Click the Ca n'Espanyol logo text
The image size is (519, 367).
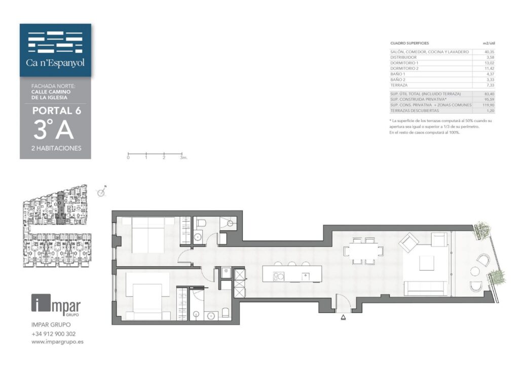click(x=55, y=62)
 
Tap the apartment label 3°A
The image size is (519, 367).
click(x=54, y=129)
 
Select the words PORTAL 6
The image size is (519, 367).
click(x=57, y=110)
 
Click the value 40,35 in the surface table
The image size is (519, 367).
click(x=489, y=52)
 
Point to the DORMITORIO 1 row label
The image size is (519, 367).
click(x=404, y=63)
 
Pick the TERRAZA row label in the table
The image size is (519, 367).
click(x=399, y=85)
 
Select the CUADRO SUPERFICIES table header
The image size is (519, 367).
click(x=410, y=44)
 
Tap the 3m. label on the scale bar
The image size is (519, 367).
click(x=183, y=158)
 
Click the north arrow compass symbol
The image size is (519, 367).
click(x=101, y=192)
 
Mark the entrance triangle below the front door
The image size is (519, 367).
click(x=343, y=317)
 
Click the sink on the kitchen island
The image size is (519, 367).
click(x=305, y=276)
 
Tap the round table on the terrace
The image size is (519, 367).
click(x=474, y=271)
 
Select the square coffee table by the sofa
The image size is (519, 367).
click(x=427, y=263)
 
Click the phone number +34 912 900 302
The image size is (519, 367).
click(x=54, y=334)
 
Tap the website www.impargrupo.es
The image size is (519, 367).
click(x=57, y=342)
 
